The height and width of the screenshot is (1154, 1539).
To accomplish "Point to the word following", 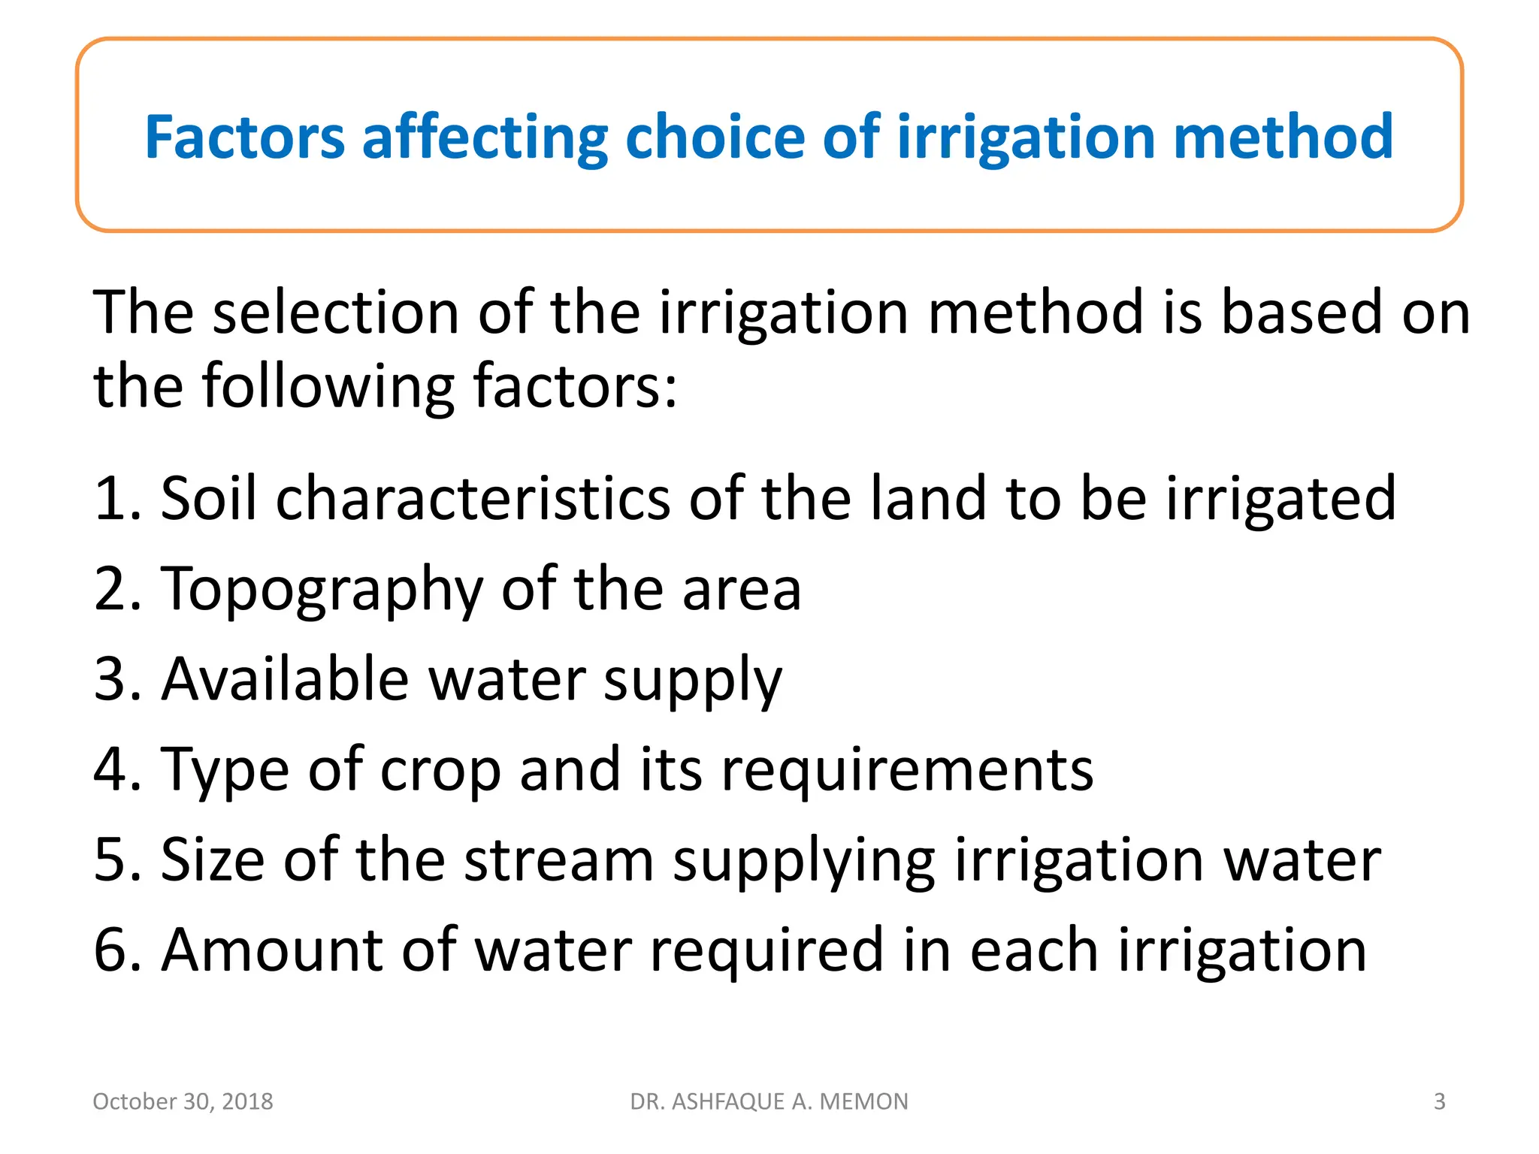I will (x=328, y=387).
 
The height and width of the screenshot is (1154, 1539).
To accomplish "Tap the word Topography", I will (x=322, y=590).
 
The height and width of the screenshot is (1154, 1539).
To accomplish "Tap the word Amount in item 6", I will (x=271, y=950).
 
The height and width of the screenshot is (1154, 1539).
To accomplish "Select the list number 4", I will (x=112, y=769).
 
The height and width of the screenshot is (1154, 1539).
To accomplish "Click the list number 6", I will (x=112, y=950).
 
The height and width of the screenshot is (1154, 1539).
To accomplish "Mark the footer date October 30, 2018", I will (x=183, y=1101).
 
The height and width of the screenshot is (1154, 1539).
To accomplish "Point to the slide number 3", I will (x=1439, y=1101).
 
